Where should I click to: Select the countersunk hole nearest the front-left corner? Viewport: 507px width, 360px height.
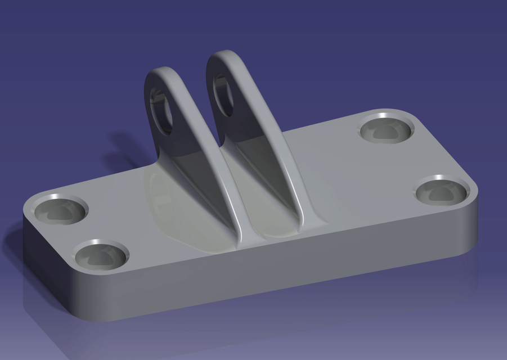(x=100, y=256)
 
